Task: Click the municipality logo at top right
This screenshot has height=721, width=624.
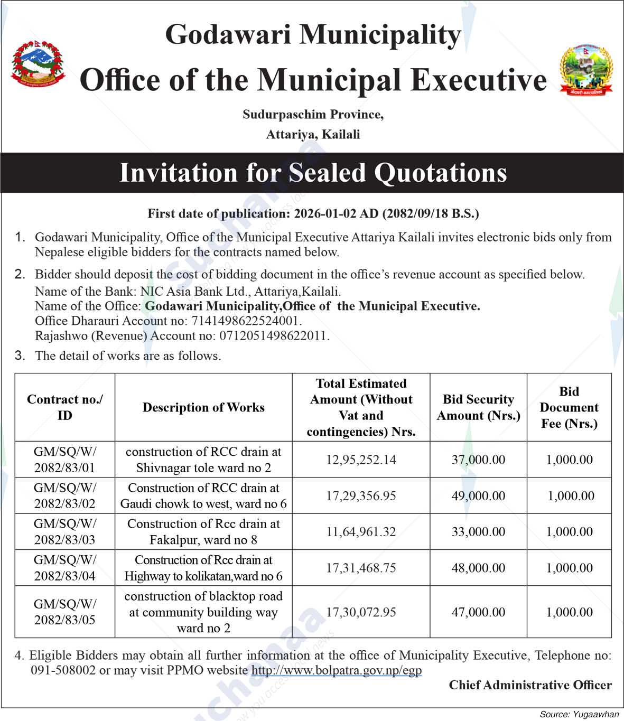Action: point(585,69)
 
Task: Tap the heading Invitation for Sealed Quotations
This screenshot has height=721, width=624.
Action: point(313,173)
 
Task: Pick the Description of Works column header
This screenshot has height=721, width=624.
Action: point(203,407)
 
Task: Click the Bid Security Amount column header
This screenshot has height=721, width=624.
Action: point(478,407)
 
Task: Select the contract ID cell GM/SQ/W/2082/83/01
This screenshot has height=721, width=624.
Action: point(65,460)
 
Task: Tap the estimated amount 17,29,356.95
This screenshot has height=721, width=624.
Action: point(361,496)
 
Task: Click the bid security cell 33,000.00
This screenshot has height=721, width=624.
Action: point(478,532)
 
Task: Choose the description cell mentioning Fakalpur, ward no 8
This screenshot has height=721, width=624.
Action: point(203,532)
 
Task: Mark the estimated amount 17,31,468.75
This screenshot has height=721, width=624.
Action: point(361,568)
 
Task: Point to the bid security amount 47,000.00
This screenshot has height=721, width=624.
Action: point(478,612)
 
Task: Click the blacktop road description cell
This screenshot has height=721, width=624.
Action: point(203,612)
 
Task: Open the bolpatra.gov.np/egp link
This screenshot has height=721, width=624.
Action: point(337,670)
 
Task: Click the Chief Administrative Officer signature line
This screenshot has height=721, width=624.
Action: point(530,685)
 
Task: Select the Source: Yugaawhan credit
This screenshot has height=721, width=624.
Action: point(579,714)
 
